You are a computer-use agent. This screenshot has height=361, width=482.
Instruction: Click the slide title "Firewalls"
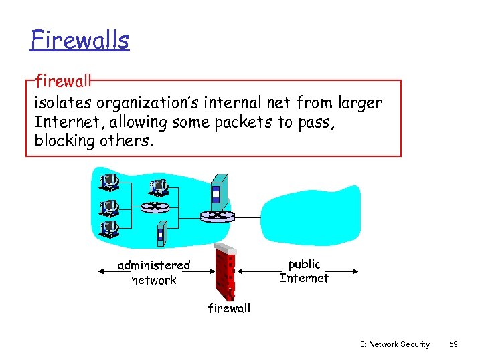(x=79, y=40)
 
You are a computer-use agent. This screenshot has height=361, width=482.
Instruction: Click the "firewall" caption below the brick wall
(x=229, y=308)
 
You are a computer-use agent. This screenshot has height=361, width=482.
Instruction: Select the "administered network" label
(x=154, y=273)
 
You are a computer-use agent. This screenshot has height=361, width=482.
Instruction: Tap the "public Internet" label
(x=304, y=271)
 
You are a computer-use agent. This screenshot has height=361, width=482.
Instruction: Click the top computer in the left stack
(x=109, y=181)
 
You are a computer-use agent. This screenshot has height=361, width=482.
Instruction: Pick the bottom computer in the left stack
(x=109, y=229)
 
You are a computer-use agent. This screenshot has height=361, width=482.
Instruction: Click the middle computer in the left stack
(x=109, y=205)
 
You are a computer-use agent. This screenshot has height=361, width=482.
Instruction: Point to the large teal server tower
(x=219, y=191)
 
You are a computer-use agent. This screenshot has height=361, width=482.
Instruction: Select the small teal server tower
(x=161, y=232)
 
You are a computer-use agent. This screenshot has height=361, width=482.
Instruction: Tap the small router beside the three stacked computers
(x=155, y=206)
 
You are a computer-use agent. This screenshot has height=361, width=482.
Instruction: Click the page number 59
(x=453, y=344)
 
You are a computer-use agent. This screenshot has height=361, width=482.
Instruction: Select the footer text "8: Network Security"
(x=395, y=344)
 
